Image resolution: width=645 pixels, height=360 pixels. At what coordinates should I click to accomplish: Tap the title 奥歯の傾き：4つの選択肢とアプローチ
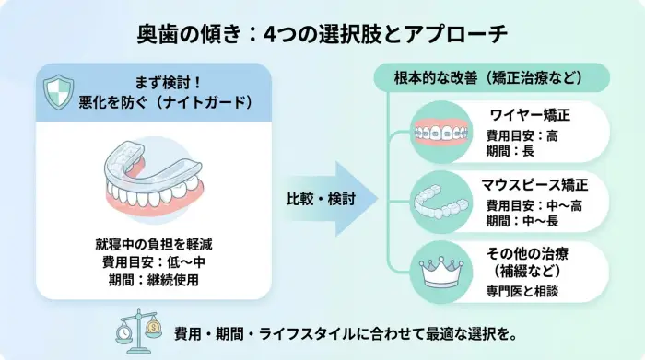(322, 35)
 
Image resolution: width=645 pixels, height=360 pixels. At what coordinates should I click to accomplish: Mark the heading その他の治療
(528, 253)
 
